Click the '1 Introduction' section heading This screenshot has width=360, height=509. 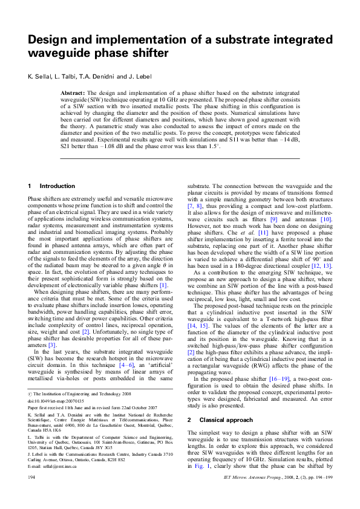(51, 186)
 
